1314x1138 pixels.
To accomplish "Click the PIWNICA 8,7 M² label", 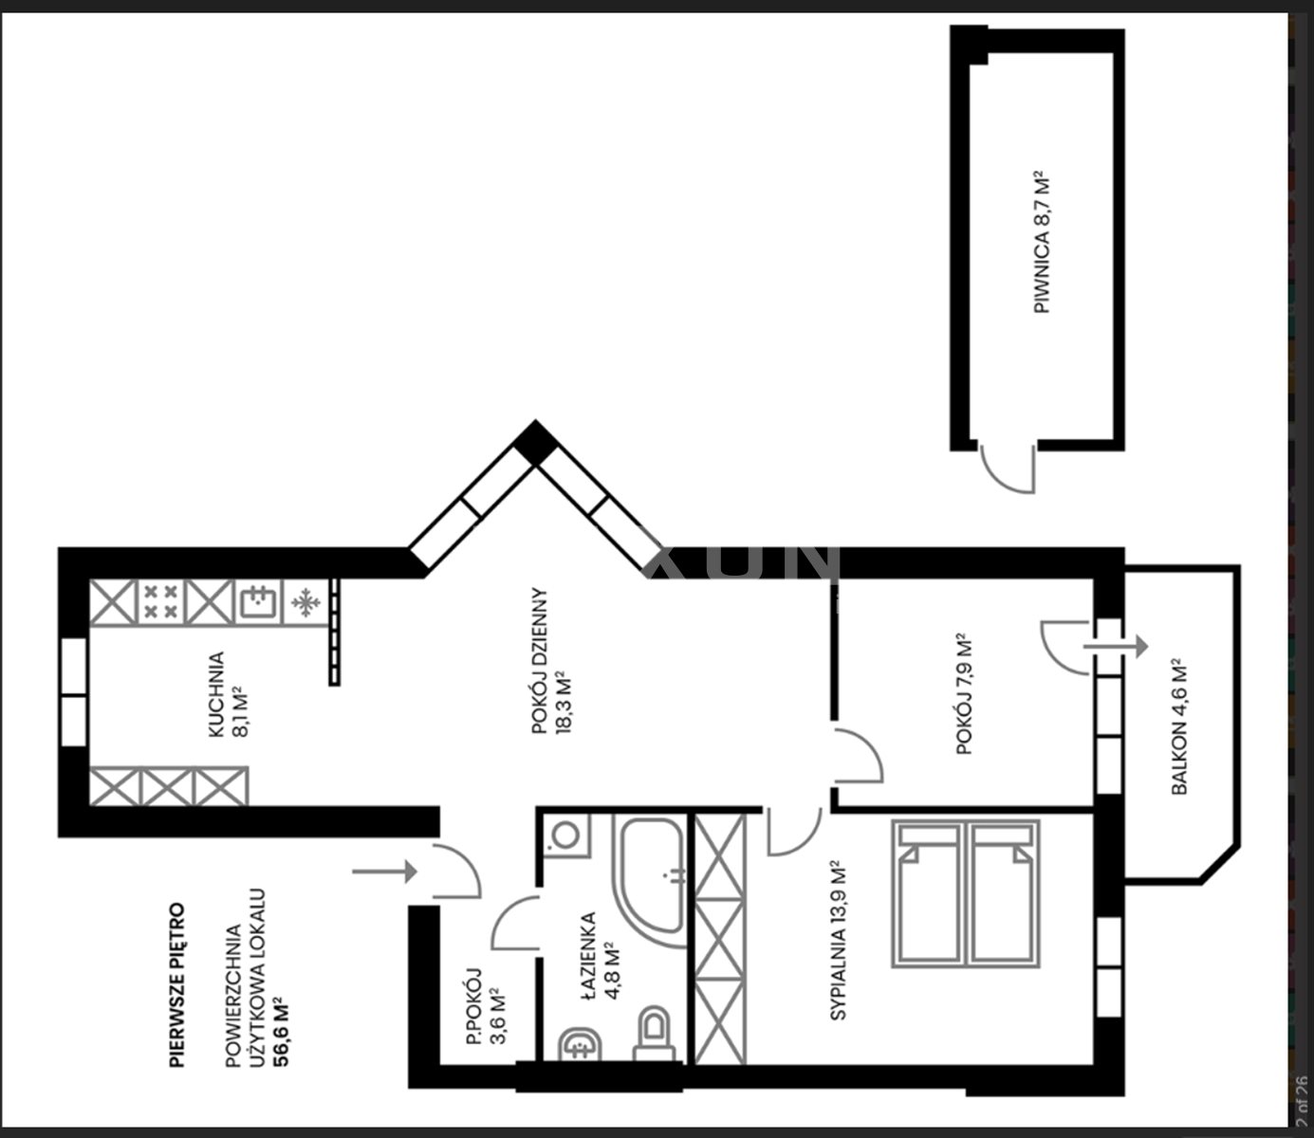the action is click(x=1042, y=242).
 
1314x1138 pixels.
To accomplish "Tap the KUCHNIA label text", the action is click(x=216, y=694).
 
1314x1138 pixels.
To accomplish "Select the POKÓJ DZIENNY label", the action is click(x=540, y=661).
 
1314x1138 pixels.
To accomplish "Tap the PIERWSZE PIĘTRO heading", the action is click(x=177, y=984).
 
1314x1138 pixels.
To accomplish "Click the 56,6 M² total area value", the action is click(x=280, y=1033).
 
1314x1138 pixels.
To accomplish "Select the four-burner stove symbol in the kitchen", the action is click(x=161, y=602).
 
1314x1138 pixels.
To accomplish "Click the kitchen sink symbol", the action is click(x=259, y=602).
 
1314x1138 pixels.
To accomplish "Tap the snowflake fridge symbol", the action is click(x=305, y=602).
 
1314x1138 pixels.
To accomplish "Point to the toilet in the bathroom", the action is click(x=654, y=1034).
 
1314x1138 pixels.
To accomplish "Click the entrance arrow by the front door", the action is click(x=384, y=872).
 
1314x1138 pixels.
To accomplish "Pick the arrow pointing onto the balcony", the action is click(x=1116, y=646).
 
